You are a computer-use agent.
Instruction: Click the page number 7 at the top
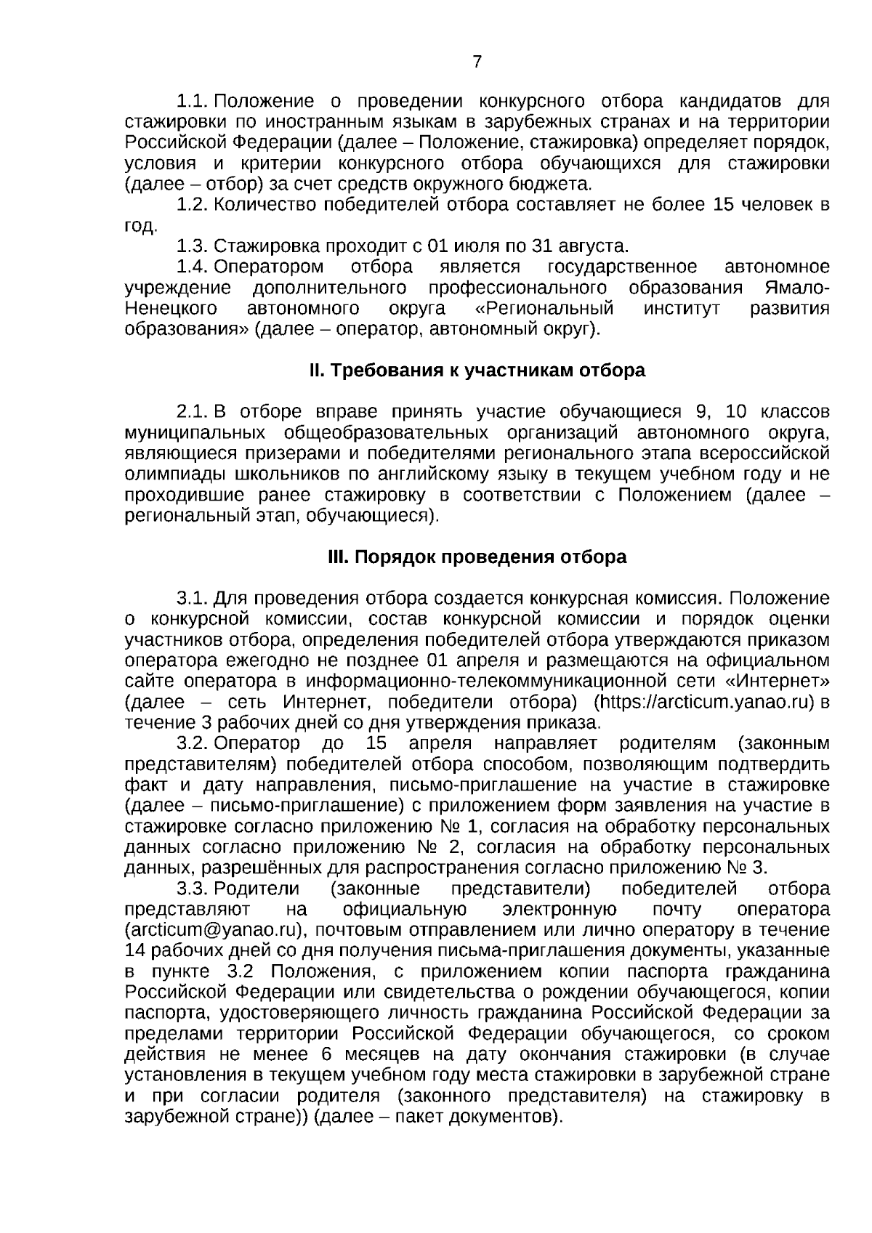(x=477, y=62)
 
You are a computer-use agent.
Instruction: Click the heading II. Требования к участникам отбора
(x=477, y=371)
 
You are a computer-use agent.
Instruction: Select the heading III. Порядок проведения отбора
(x=477, y=557)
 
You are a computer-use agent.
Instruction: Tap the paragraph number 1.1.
(x=193, y=100)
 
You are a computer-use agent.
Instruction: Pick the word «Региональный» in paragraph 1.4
(x=544, y=308)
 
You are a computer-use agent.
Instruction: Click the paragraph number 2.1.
(x=193, y=412)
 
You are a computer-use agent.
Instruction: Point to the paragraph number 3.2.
(x=193, y=744)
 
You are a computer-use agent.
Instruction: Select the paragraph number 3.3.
(x=193, y=889)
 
